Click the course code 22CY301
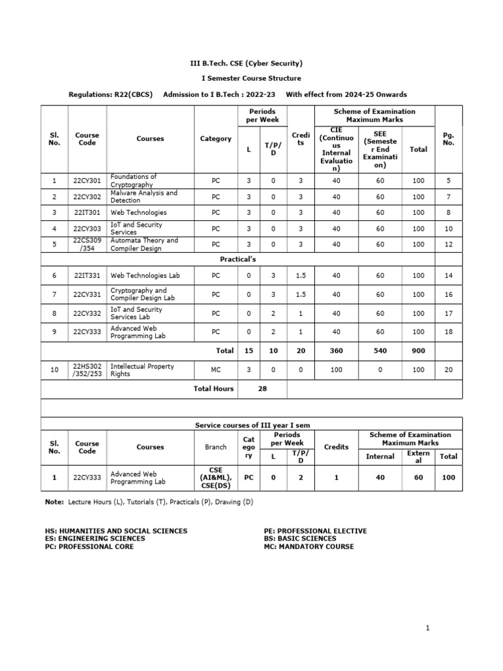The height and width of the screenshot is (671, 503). coord(87,181)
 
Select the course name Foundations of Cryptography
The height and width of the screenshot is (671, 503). coord(134,181)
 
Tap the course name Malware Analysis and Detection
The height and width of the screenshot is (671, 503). coord(143,197)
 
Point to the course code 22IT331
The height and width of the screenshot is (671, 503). coord(87,277)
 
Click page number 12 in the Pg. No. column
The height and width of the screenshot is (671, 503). coord(449,244)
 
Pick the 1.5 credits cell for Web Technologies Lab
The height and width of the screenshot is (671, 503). coord(301,277)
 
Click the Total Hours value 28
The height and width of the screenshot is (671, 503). coord(261,389)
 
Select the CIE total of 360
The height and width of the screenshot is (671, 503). coord(336,351)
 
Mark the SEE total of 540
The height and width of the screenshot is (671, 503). coord(380,351)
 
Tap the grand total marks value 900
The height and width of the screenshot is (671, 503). coord(418,351)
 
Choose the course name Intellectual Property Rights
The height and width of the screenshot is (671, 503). coord(142,370)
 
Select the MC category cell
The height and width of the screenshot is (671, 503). coord(216,370)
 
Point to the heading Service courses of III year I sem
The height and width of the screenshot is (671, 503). coord(252,425)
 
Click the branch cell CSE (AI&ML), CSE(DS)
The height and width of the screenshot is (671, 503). coord(216,478)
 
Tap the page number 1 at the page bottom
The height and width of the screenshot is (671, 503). coord(427,628)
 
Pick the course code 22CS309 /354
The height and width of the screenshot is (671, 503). coord(87,244)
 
